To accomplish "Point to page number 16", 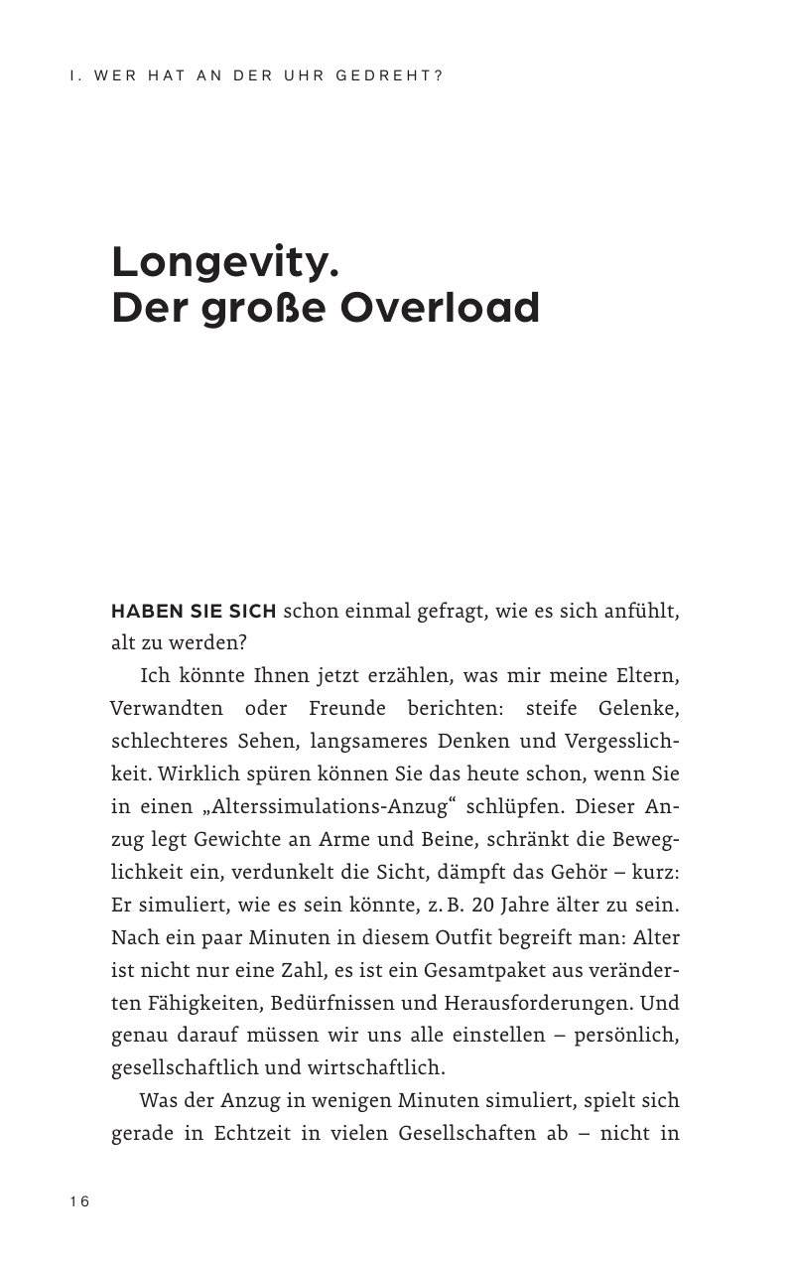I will pos(79,1202).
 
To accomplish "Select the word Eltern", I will pos(647,676).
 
